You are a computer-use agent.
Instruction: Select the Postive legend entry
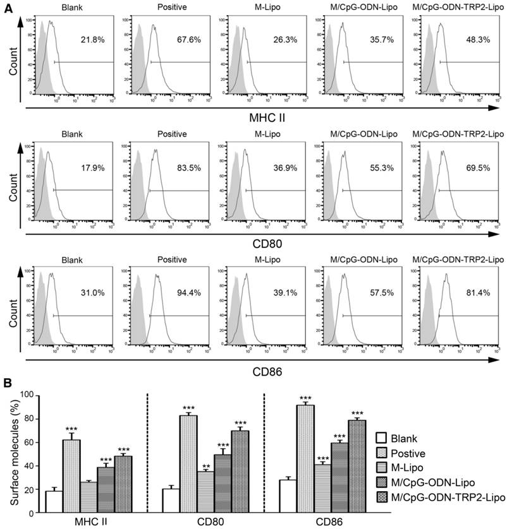(x=407, y=453)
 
